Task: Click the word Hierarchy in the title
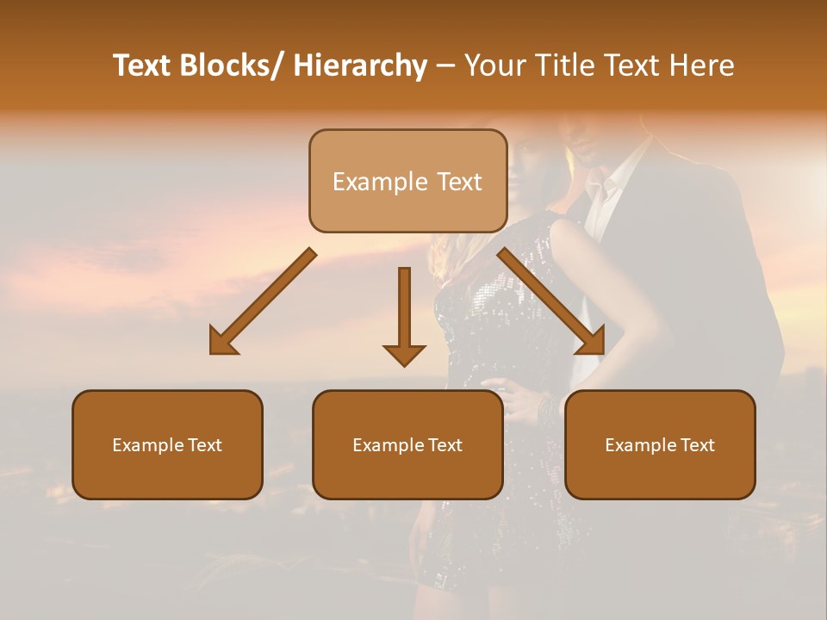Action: (x=360, y=65)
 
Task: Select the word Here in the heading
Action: (x=704, y=65)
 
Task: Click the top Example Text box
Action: (x=407, y=181)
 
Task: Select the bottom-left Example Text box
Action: (x=167, y=445)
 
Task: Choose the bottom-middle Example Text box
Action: (x=407, y=445)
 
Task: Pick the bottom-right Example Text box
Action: (x=660, y=445)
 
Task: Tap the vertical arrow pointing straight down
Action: (x=404, y=315)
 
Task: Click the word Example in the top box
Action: (x=379, y=182)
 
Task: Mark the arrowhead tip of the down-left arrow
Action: (x=212, y=352)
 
